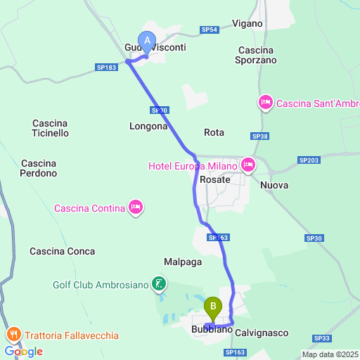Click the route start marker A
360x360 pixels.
click(x=147, y=41)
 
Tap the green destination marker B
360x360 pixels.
click(x=213, y=307)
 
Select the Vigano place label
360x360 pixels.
click(x=246, y=24)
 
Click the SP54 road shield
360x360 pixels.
click(x=210, y=30)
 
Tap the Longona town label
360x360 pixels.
click(x=148, y=127)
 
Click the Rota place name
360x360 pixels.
click(x=214, y=132)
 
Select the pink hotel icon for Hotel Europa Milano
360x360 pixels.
click(x=247, y=166)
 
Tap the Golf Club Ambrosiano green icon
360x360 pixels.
click(x=160, y=284)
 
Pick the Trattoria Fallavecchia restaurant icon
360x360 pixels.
click(x=13, y=335)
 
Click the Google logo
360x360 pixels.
click(x=23, y=351)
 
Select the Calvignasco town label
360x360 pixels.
click(x=262, y=331)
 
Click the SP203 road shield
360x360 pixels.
click(x=309, y=160)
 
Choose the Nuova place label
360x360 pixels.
click(x=274, y=185)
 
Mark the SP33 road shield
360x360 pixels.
click(x=323, y=338)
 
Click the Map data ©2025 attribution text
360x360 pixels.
click(x=330, y=354)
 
